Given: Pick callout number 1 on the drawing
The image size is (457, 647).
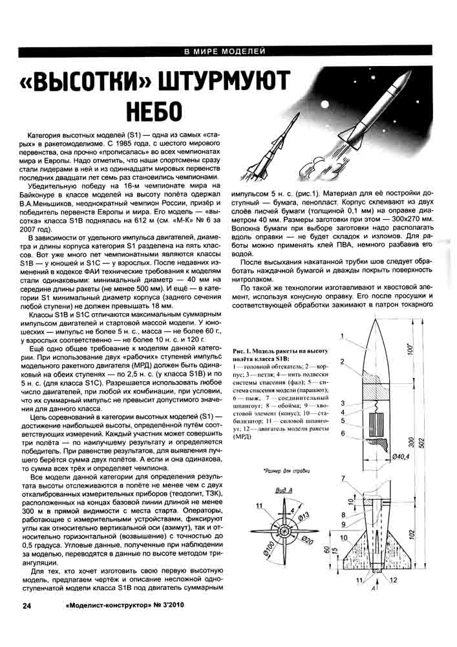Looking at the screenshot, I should click(x=344, y=336).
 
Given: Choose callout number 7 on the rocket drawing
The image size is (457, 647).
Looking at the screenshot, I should click(x=344, y=477).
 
